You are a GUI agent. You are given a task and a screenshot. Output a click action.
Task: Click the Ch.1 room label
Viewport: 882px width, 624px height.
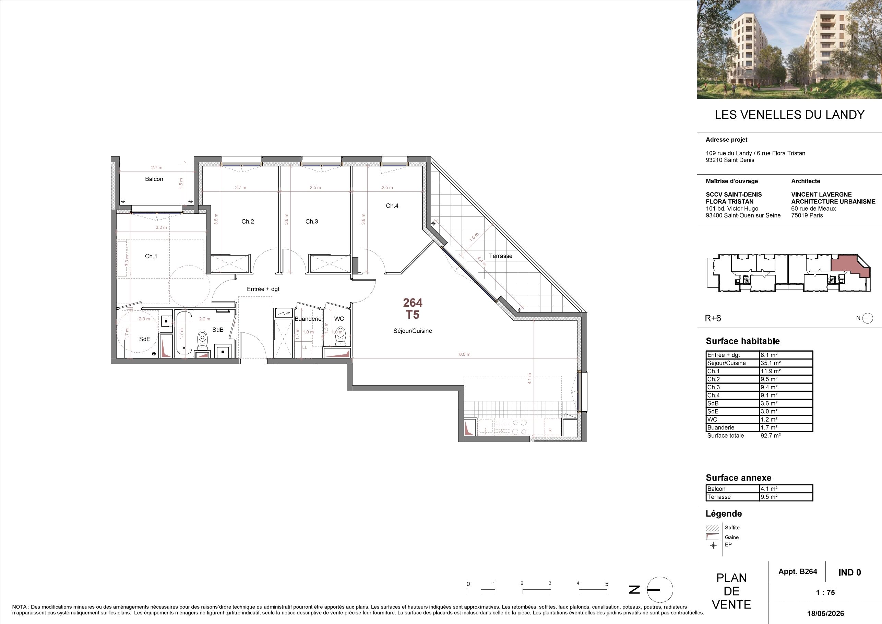pyautogui.click(x=151, y=256)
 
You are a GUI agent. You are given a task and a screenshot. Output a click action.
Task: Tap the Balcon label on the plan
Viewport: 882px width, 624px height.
pyautogui.click(x=154, y=179)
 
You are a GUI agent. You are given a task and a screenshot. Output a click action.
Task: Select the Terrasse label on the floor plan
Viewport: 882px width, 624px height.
pyautogui.click(x=501, y=256)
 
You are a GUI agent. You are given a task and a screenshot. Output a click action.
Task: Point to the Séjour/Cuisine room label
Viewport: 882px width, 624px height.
pyautogui.click(x=413, y=331)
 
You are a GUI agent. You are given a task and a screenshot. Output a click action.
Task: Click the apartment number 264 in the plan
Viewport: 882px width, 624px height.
pyautogui.click(x=413, y=303)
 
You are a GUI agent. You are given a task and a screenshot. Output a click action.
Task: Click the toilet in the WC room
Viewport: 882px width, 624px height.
pyautogui.click(x=340, y=336)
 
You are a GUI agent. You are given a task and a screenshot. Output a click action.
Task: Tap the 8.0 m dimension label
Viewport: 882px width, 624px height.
pyautogui.click(x=464, y=354)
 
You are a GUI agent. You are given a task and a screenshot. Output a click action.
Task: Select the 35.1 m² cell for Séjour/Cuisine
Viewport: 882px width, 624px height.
pyautogui.click(x=769, y=363)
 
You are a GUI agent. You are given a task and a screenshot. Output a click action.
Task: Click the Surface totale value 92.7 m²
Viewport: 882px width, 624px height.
pyautogui.click(x=771, y=436)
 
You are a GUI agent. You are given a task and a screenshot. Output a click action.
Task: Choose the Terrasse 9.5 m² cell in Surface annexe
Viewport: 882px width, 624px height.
pyautogui.click(x=769, y=497)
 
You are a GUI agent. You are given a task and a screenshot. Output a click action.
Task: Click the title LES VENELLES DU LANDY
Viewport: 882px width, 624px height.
pyautogui.click(x=789, y=115)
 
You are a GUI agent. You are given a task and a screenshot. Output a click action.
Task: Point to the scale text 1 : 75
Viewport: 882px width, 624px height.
pyautogui.click(x=825, y=592)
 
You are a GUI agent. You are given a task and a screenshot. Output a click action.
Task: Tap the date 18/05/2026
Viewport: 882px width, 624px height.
pyautogui.click(x=825, y=613)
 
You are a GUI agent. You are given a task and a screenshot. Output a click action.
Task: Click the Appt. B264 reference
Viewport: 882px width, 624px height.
pyautogui.click(x=798, y=572)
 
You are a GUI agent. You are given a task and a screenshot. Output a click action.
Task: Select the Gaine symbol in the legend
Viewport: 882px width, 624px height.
pyautogui.click(x=712, y=537)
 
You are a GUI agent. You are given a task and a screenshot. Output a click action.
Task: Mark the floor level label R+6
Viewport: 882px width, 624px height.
pyautogui.click(x=713, y=318)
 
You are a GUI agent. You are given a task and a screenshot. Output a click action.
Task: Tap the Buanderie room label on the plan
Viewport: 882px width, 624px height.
pyautogui.click(x=308, y=319)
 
